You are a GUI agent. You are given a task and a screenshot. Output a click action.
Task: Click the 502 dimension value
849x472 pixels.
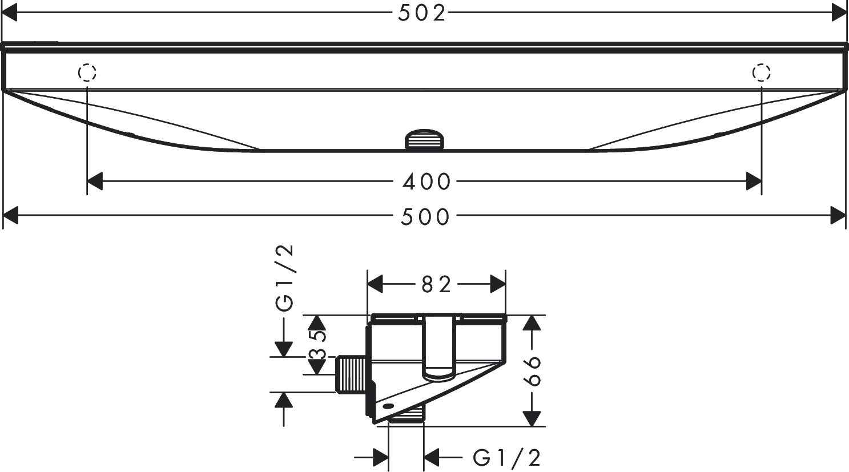point(422,13)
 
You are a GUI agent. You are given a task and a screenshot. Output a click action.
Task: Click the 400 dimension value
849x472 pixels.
point(426,182)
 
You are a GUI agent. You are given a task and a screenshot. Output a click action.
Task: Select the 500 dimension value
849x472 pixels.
point(425,217)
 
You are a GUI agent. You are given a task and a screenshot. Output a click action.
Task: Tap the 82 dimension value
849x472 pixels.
point(437,284)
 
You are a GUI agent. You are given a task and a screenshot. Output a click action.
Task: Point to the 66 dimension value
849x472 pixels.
point(533,371)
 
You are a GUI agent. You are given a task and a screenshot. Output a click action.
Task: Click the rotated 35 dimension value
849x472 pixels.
point(317,346)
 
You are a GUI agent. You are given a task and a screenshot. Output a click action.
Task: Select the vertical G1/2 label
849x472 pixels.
point(285,278)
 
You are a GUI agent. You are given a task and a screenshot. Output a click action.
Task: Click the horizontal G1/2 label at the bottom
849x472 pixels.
point(507,457)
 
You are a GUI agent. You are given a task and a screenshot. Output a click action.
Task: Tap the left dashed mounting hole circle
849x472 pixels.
point(87,73)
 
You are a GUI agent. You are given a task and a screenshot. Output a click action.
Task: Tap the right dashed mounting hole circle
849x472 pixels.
point(762,73)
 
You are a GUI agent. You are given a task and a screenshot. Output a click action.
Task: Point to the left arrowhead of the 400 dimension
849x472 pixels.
point(95,182)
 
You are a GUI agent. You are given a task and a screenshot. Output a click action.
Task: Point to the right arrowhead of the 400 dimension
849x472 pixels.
point(754,182)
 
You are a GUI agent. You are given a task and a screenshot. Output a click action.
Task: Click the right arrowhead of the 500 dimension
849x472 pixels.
point(838,216)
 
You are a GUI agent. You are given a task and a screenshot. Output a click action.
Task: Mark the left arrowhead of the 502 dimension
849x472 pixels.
point(10,13)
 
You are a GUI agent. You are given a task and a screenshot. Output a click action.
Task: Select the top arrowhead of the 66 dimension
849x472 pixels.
point(532,322)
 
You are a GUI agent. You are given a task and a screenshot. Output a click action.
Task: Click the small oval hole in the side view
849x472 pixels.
point(389,406)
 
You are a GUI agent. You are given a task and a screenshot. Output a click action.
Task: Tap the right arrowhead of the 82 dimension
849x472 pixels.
point(498,284)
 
